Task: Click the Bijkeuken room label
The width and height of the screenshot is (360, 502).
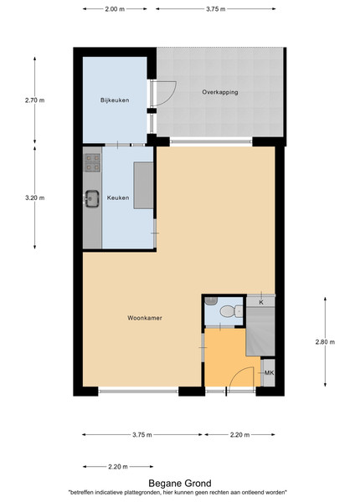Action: pos(115,100)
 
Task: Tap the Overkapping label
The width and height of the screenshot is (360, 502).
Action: pos(220,92)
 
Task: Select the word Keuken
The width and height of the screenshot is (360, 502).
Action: pos(118,197)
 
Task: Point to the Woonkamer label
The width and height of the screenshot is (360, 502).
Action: pos(145,318)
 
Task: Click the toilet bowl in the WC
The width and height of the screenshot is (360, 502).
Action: pos(232,311)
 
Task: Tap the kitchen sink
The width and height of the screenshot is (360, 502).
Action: pos(92,199)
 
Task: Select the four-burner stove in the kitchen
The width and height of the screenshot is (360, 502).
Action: pos(92,162)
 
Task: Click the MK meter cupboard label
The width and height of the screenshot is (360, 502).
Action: pos(269,373)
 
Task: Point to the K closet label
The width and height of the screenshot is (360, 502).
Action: pos(261,302)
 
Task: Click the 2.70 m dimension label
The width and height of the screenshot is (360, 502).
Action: pos(35,100)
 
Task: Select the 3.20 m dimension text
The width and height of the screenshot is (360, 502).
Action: pos(35,197)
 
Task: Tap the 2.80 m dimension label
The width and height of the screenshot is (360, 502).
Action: pos(325,342)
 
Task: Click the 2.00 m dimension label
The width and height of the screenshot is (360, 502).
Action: pos(115,9)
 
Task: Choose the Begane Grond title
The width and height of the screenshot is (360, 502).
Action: pos(180,484)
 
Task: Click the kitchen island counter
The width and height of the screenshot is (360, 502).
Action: pos(143,186)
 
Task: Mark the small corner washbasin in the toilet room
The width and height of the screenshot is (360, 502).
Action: pos(211,300)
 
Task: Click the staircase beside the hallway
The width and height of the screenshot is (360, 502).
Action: pos(260,331)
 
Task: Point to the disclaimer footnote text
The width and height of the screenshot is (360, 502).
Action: pos(177,493)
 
